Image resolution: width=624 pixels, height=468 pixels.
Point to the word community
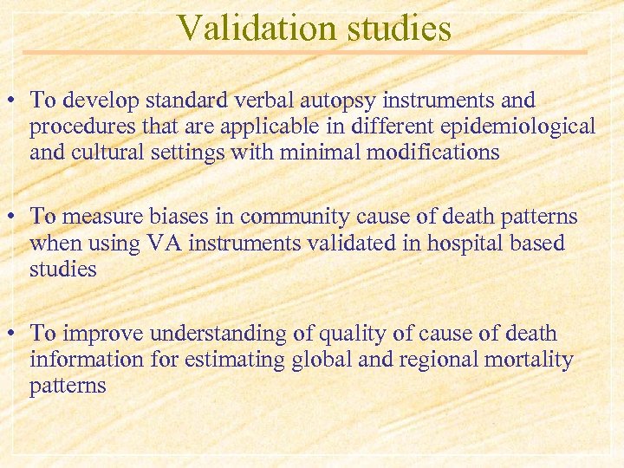pyautogui.click(x=301, y=217)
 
